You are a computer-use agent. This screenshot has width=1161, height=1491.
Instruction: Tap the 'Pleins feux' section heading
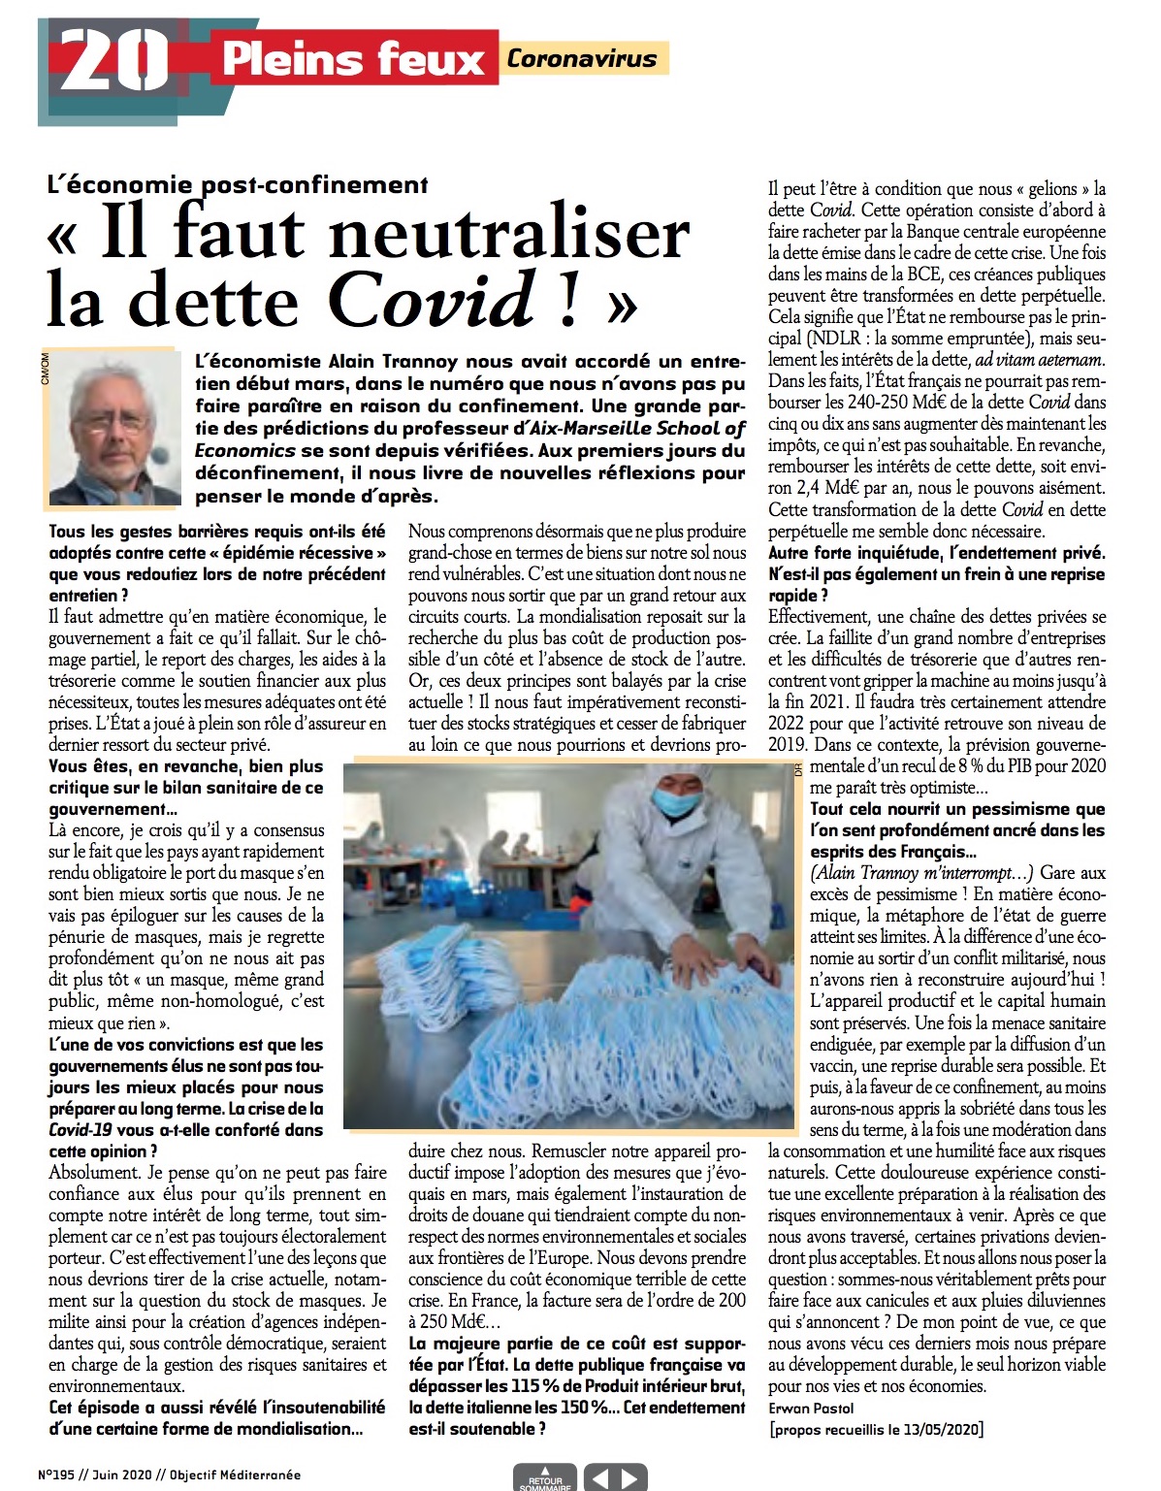point(353,59)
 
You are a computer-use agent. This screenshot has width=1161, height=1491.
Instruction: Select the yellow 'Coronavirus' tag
point(582,58)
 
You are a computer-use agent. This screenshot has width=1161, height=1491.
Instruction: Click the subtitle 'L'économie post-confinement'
point(238,184)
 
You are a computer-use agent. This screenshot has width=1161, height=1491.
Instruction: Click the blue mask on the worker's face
point(677,801)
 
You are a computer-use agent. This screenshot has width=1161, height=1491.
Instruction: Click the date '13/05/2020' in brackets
point(937,1429)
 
